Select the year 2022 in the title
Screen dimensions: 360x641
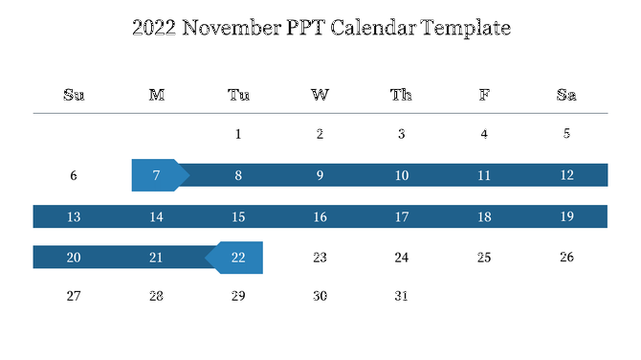153,28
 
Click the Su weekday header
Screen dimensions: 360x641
74,94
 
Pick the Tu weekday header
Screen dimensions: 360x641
238,94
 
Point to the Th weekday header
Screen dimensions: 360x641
402,94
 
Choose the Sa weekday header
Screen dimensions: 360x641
566,94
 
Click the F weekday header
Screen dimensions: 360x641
484,94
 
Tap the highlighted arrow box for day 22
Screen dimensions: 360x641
237,258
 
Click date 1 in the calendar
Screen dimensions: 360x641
238,134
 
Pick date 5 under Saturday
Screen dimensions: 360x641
566,134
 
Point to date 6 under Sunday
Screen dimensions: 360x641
74,175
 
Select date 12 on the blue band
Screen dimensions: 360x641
566,175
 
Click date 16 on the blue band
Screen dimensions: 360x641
320,216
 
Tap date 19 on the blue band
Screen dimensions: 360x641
566,216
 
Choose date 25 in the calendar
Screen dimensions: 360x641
484,258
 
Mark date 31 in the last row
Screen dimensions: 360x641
402,296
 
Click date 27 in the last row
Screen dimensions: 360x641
74,296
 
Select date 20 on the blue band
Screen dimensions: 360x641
74,258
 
